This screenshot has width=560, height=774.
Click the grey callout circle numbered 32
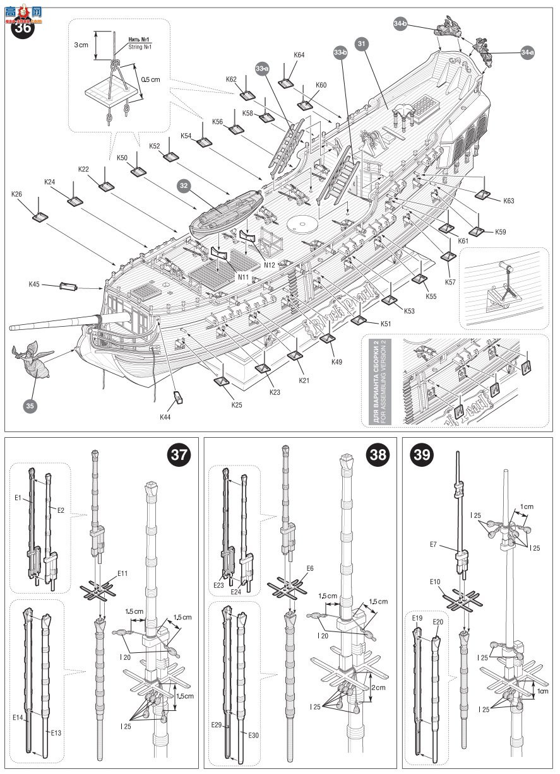[x=184, y=187]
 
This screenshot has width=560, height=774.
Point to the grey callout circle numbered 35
[x=30, y=407]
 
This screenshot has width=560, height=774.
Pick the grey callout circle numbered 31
[x=361, y=44]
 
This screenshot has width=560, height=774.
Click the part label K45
[x=34, y=284]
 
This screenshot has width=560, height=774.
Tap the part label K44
[x=165, y=417]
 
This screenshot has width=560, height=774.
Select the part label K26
[x=17, y=194]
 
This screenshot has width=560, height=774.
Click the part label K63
[x=509, y=201]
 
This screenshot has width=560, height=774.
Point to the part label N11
[x=243, y=276]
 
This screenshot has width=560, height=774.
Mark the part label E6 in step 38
[x=309, y=568]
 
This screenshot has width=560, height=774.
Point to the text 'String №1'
[x=141, y=47]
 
